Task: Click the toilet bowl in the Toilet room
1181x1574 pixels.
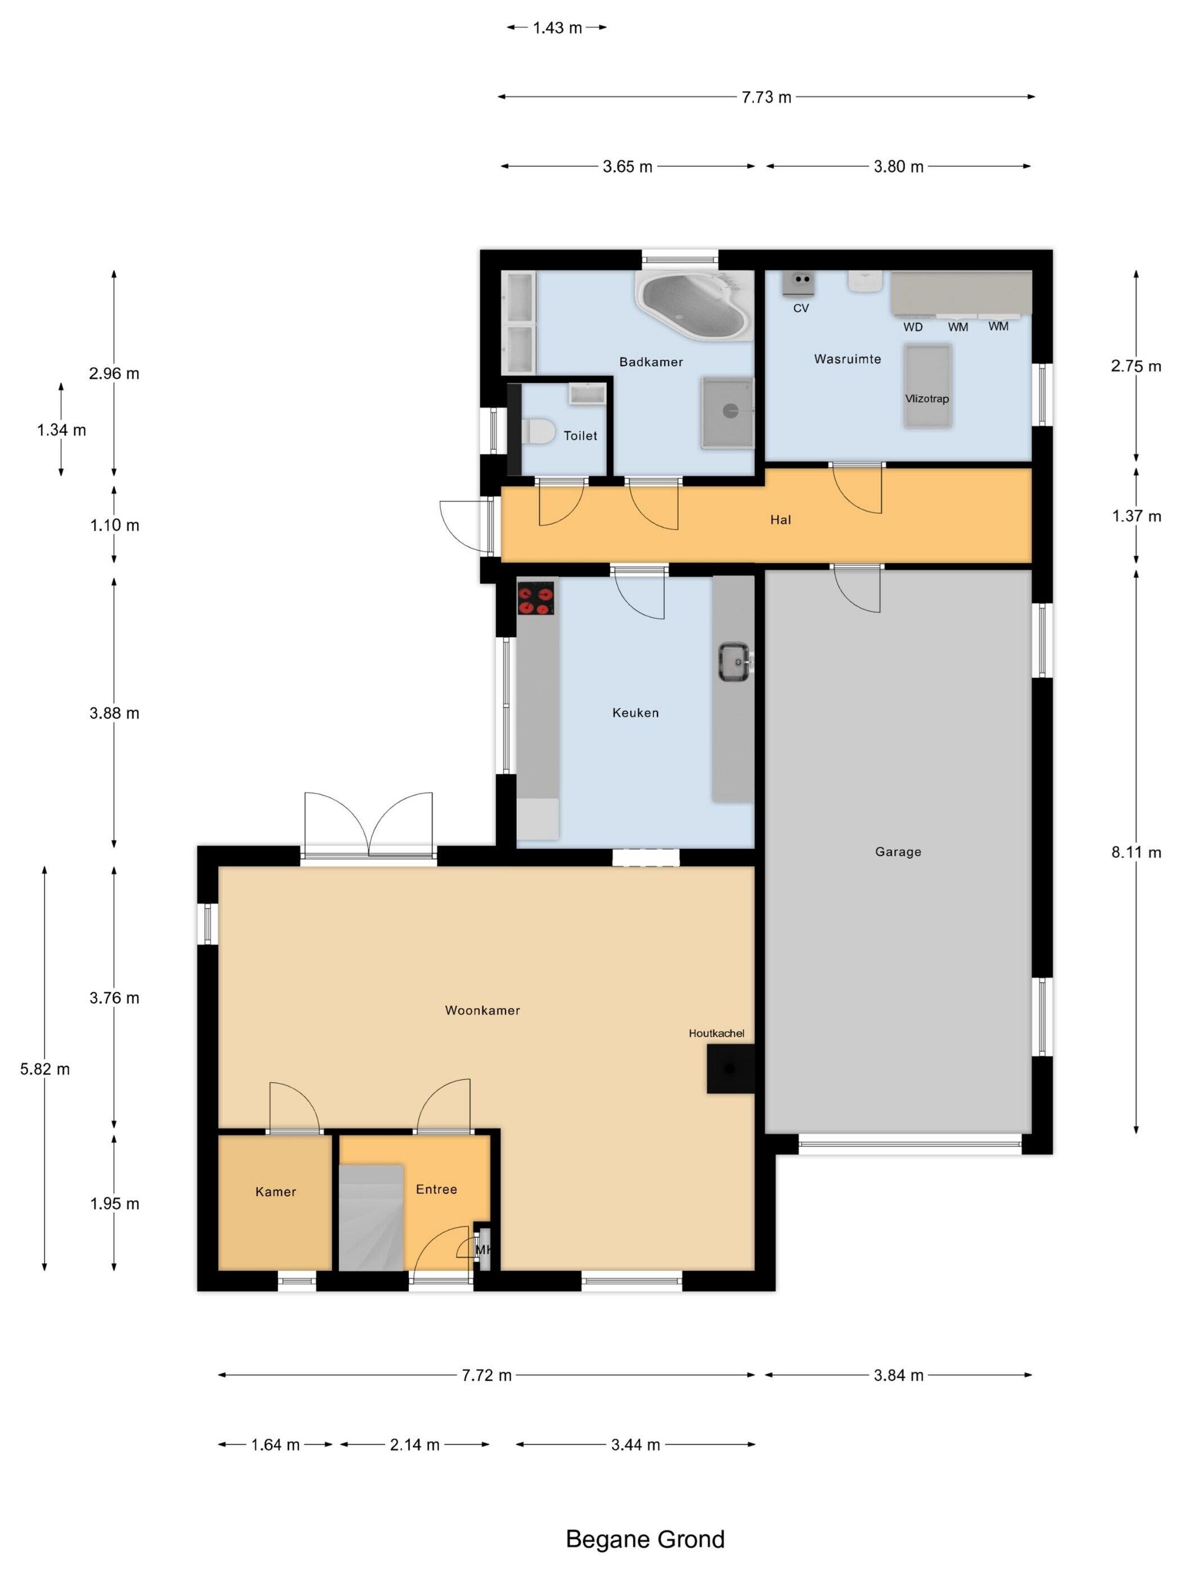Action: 538,431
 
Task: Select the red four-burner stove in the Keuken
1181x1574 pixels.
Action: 535,598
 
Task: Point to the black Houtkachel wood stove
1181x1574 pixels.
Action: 729,1068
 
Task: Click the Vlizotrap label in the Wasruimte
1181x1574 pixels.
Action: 926,399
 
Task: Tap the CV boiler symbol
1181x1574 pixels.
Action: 798,283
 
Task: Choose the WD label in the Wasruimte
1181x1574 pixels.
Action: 913,327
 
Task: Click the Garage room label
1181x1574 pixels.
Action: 898,852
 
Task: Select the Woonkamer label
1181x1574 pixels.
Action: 482,1010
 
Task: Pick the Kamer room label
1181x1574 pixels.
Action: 276,1192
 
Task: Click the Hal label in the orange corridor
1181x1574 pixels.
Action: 780,520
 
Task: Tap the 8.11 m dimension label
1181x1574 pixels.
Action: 1135,852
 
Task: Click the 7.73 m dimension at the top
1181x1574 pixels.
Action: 766,97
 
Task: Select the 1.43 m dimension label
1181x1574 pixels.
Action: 557,28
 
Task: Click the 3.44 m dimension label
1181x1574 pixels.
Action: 635,1445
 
